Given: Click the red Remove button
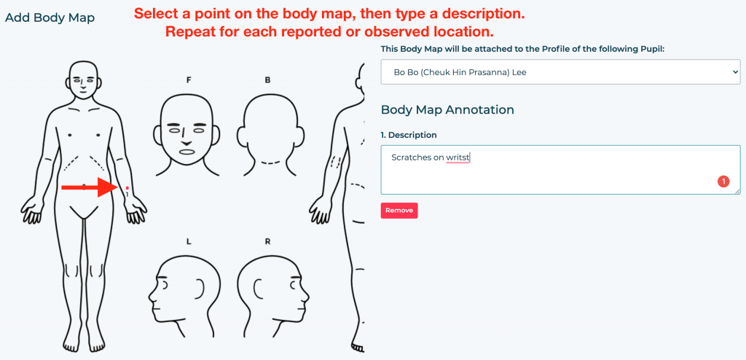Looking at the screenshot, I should click(x=398, y=211).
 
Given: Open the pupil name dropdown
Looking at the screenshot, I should click(x=560, y=72).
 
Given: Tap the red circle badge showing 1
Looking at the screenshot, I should click(x=723, y=181).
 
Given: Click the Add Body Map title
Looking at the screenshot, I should click(x=50, y=17).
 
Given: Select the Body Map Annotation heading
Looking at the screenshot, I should click(x=447, y=109).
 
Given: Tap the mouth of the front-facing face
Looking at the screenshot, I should click(x=187, y=151).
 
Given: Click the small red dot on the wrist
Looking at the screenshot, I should click(x=127, y=188).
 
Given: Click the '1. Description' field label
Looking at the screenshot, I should click(x=409, y=135).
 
